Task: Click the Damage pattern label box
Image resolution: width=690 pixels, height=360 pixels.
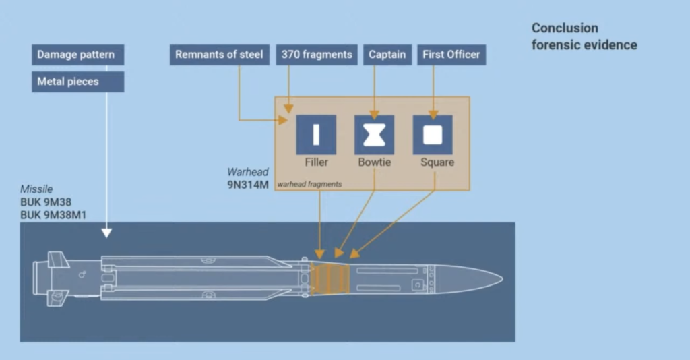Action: tap(78, 55)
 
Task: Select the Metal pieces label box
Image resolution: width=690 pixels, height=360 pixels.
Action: tap(78, 82)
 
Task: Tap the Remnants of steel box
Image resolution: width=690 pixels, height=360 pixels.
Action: tap(220, 55)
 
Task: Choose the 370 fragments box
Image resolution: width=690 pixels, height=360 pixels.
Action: tap(317, 55)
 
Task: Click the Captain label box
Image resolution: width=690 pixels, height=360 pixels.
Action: tap(387, 55)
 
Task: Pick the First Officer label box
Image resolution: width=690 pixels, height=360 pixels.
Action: tap(451, 55)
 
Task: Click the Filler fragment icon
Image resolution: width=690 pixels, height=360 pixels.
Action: tap(316, 135)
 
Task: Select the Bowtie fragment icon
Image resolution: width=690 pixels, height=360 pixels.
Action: tap(374, 135)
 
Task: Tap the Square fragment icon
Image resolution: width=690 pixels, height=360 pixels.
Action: tap(433, 135)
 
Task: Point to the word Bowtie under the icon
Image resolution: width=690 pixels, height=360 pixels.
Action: tap(375, 162)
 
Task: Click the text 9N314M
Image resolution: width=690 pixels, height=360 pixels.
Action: tap(248, 185)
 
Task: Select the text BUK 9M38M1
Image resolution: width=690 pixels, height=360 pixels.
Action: tap(53, 215)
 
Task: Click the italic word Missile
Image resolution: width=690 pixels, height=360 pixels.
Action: tap(36, 189)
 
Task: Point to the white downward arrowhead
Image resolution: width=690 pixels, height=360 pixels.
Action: tap(106, 233)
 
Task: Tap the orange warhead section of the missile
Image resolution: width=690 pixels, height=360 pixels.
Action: tap(330, 279)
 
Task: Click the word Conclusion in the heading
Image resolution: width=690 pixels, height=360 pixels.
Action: tap(565, 28)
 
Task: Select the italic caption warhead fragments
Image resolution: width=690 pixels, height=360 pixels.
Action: tap(309, 185)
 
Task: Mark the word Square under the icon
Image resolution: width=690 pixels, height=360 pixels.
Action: tap(437, 162)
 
